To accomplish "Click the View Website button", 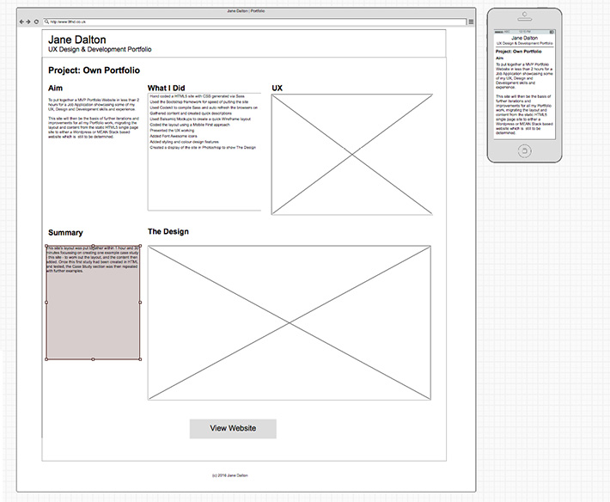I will coord(233,429).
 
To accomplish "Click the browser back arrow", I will coord(22,21).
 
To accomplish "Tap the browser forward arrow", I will coord(29,21).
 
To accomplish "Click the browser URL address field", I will coord(249,21).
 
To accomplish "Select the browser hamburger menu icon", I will coord(471,21).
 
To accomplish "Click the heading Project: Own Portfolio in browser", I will coord(94,70).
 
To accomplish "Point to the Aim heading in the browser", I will coord(55,89).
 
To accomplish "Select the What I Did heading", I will coord(166,89).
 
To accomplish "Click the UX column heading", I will coord(277,89).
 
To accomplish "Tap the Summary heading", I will coord(65,233).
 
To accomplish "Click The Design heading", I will coord(168,232).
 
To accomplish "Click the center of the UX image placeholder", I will coord(352,155).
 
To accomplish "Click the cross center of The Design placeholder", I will coord(290,322).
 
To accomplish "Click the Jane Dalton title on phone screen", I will coord(525,38).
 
